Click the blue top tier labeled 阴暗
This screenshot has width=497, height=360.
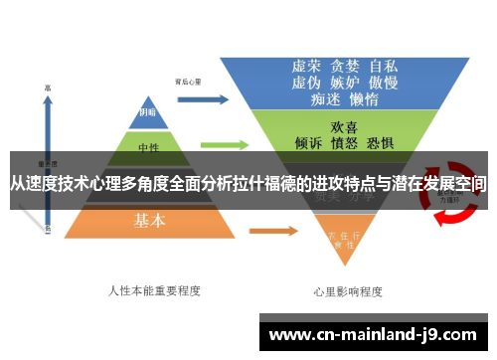coord(146,112)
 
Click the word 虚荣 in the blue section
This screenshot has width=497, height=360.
coord(305,67)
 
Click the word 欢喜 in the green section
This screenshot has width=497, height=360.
coord(344,127)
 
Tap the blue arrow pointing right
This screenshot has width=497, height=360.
coord(203,99)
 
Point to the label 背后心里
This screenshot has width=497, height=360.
coord(188,82)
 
